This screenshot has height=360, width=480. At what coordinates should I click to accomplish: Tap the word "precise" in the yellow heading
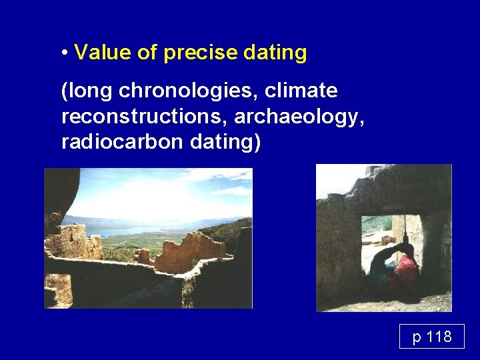pos(194,53)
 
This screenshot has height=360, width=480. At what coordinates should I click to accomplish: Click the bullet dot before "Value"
pos(65,53)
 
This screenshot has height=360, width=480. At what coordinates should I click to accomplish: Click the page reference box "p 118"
pos(431,336)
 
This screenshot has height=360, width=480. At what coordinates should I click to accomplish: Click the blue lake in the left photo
pos(127,230)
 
